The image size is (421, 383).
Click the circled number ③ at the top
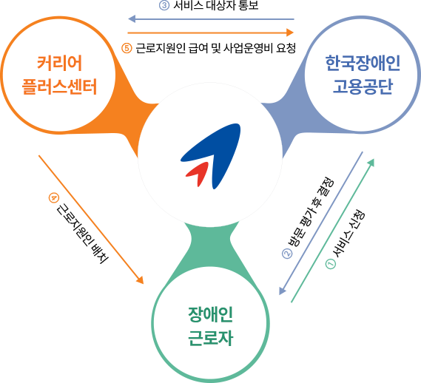[x=164, y=5]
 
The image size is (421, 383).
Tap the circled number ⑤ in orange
[x=127, y=48]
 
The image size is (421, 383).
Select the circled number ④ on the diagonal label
[x=54, y=198]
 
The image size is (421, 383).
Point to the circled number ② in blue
[x=287, y=254]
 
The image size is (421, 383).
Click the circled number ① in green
[x=331, y=264]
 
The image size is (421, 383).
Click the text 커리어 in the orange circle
[x=59, y=64]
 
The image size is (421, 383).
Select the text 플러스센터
[x=59, y=87]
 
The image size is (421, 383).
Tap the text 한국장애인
[x=363, y=64]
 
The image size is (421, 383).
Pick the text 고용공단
[x=363, y=87]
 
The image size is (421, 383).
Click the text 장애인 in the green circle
[x=210, y=314]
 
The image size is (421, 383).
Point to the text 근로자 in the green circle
[x=210, y=338]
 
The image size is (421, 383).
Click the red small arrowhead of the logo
[x=198, y=173]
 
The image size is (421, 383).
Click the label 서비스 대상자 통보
[x=215, y=6]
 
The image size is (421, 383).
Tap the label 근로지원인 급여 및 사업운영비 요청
[x=215, y=48]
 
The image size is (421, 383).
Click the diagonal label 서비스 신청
[x=348, y=234]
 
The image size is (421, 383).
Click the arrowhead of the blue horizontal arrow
[x=132, y=19]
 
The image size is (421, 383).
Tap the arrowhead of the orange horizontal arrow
[x=290, y=33]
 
